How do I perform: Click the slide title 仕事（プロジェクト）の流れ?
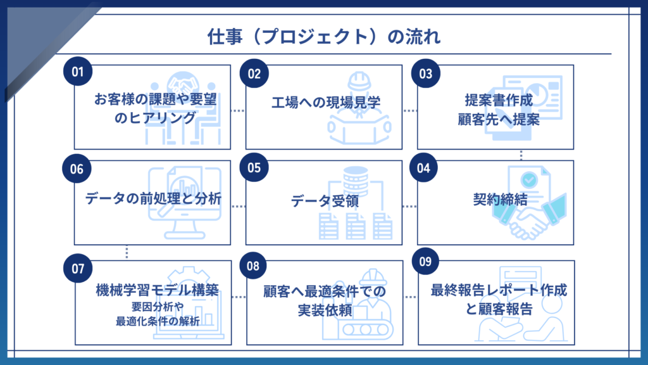click(x=324, y=37)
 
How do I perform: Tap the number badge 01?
click(x=78, y=72)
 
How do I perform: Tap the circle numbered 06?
click(x=77, y=169)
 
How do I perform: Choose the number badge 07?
click(x=78, y=268)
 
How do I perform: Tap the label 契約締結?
click(x=497, y=198)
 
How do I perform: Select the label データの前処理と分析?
click(x=153, y=198)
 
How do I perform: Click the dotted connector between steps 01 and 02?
click(x=237, y=110)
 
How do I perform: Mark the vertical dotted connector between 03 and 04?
click(x=521, y=154)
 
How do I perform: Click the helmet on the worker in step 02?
click(x=359, y=80)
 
